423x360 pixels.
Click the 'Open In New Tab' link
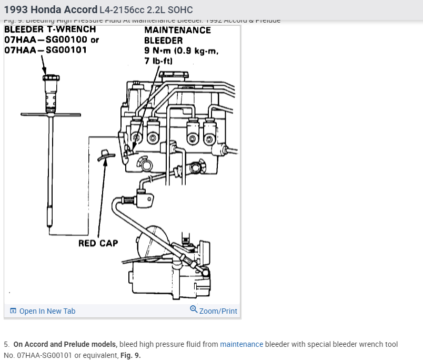(x=47, y=311)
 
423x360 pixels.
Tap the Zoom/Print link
(x=218, y=311)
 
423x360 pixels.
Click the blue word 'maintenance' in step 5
(x=241, y=344)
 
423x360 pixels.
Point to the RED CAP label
(x=98, y=243)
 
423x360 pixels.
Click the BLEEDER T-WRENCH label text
(x=50, y=29)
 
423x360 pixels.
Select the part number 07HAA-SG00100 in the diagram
(x=46, y=39)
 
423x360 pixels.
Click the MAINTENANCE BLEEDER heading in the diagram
(x=177, y=35)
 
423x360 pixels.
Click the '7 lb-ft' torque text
(x=158, y=61)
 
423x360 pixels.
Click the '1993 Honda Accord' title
(x=51, y=9)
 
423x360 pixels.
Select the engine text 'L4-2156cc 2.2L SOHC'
(x=146, y=10)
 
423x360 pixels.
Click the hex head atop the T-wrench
(x=51, y=78)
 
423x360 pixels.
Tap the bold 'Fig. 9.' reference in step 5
(x=130, y=355)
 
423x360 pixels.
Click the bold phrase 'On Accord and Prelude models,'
(x=65, y=344)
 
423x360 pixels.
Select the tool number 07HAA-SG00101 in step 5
(x=44, y=355)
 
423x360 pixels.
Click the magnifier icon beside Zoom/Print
(x=194, y=310)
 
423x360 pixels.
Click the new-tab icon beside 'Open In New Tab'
(x=13, y=311)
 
